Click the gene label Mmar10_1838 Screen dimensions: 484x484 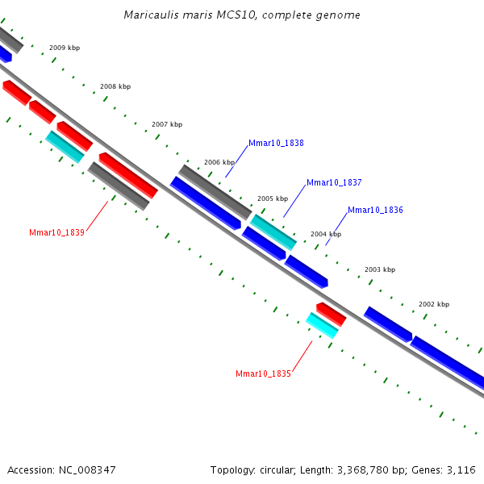coord(276,143)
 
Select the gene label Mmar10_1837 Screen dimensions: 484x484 coord(334,183)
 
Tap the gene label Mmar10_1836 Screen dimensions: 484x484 coord(375,210)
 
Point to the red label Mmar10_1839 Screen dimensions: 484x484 coord(56,232)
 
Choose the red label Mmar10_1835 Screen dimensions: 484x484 coord(263,373)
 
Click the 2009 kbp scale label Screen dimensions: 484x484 coord(65,48)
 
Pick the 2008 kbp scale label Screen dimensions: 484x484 coord(115,86)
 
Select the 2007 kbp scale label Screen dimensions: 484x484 coord(167,124)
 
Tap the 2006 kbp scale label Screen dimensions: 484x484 coord(219,162)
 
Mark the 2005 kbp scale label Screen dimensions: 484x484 coord(273,198)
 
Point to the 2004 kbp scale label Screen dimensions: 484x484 coord(326,234)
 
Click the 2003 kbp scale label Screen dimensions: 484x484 coord(380,269)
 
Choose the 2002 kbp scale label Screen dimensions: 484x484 coord(434,304)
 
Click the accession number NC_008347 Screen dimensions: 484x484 coord(86,469)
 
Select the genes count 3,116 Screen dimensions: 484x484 coord(461,469)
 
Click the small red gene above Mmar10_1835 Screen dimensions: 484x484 coord(331,314)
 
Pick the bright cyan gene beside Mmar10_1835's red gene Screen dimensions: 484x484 coord(322,325)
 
